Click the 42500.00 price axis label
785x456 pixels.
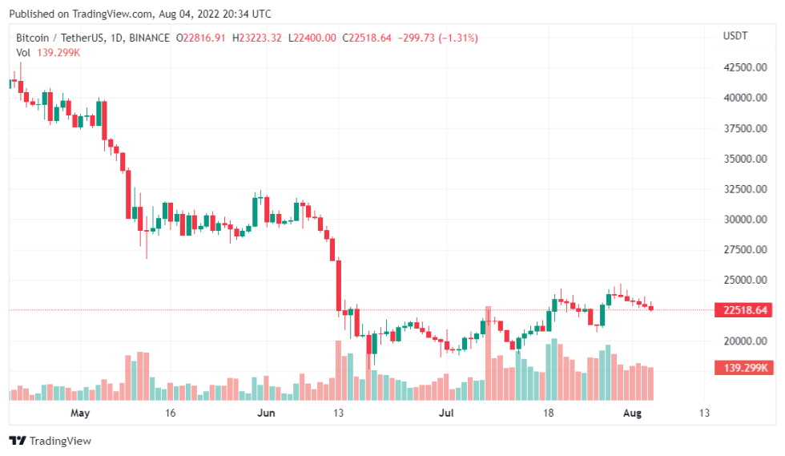[741, 67]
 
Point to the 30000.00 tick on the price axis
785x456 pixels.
[741, 220]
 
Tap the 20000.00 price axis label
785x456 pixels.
[741, 341]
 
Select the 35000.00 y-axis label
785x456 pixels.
[741, 159]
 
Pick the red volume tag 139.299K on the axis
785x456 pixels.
[741, 368]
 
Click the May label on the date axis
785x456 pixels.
[79, 414]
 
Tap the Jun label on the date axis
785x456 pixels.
[267, 414]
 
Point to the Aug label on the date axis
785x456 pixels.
[632, 414]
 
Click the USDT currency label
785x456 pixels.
[735, 36]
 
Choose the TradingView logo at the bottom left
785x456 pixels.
[50, 441]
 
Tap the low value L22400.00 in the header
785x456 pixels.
[313, 38]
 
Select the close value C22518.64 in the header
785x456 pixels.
[367, 38]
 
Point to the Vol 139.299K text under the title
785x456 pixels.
[48, 52]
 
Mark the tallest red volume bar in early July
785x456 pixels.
[487, 353]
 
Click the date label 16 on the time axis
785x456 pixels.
[170, 414]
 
